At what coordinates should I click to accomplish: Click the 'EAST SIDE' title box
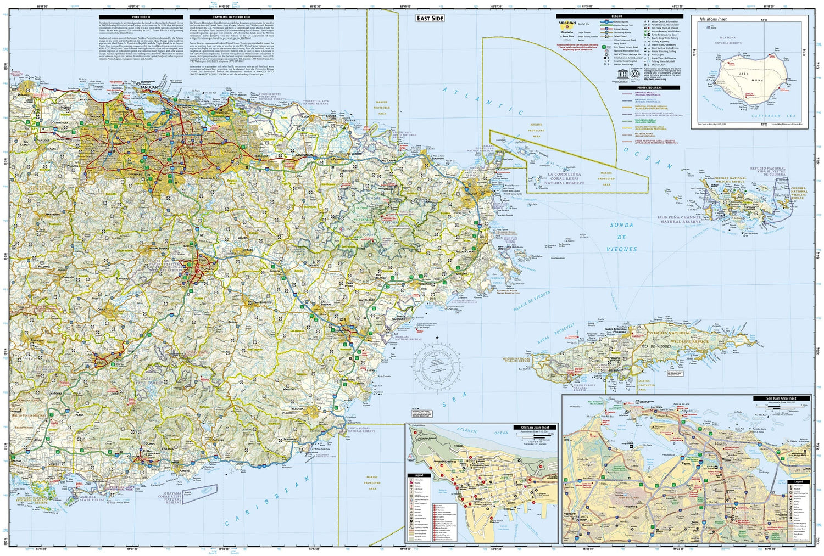pyautogui.click(x=430, y=18)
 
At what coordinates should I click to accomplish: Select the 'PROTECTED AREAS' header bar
pyautogui.click(x=649, y=88)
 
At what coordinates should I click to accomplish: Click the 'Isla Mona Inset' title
pyautogui.click(x=712, y=19)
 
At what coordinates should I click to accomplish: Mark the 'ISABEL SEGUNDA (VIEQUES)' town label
pyautogui.click(x=615, y=330)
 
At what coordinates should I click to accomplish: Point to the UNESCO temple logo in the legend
pyautogui.click(x=621, y=74)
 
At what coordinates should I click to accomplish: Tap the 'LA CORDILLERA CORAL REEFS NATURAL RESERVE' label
pyautogui.click(x=564, y=178)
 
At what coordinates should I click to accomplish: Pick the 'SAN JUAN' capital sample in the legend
pyautogui.click(x=567, y=23)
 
